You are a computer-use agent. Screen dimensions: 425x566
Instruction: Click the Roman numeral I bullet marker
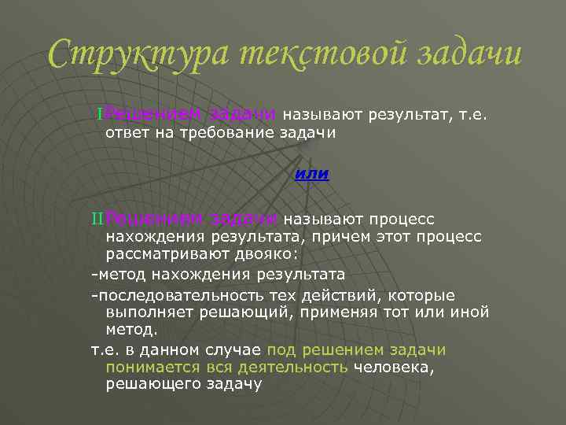click(99, 116)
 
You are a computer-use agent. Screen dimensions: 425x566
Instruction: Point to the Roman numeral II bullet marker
click(97, 218)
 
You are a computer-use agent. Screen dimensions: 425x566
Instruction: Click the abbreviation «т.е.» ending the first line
click(474, 116)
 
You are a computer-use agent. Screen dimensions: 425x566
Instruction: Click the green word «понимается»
click(147, 367)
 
